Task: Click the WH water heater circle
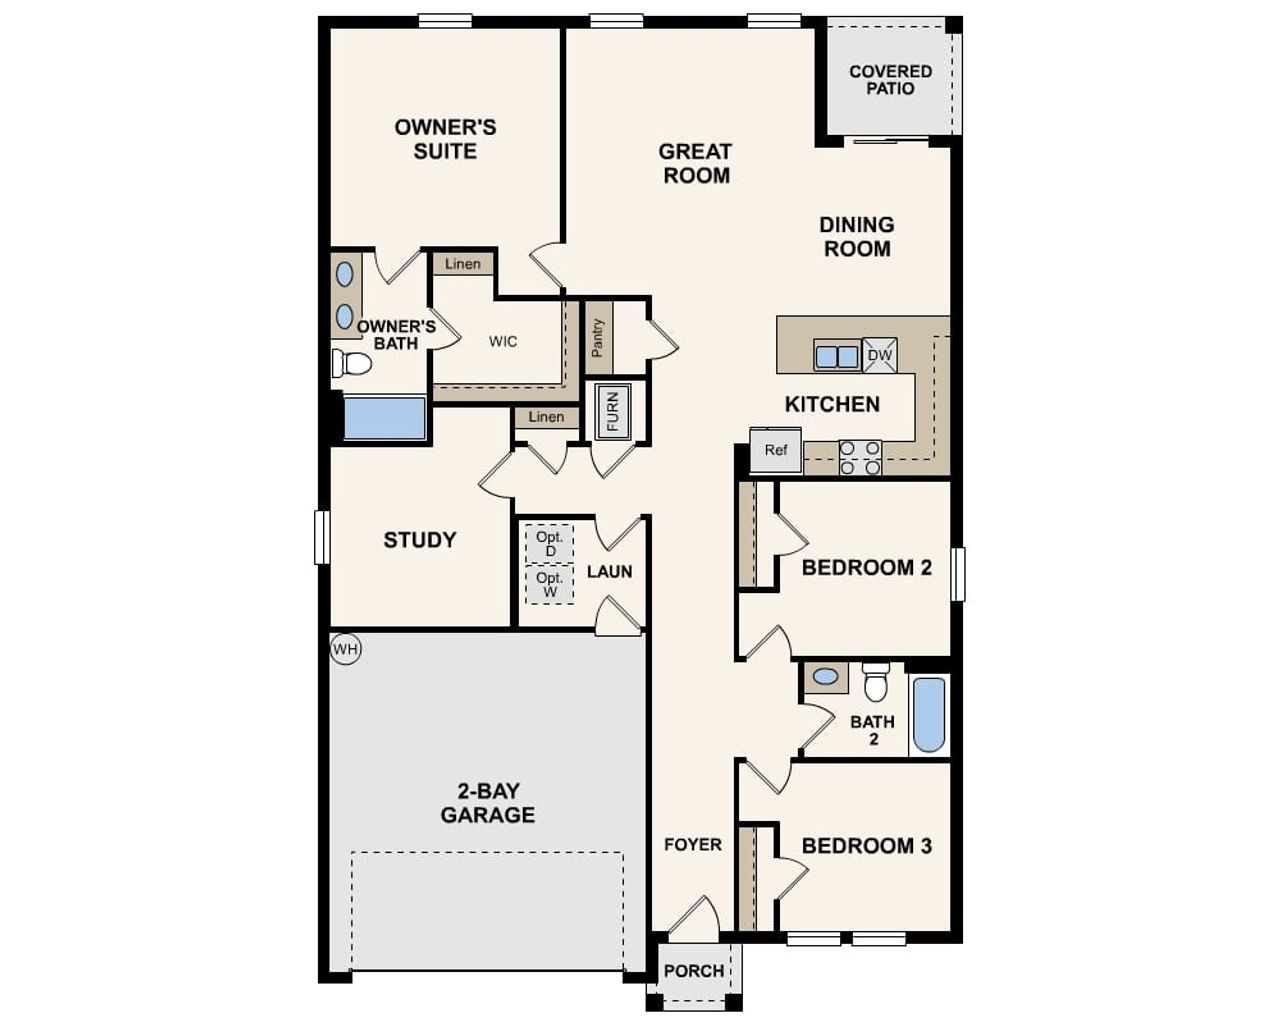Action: pyautogui.click(x=345, y=650)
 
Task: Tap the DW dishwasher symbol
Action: pyautogui.click(x=879, y=355)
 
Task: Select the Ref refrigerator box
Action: pyautogui.click(x=776, y=450)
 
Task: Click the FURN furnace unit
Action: pyautogui.click(x=612, y=410)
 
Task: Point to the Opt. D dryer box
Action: pyautogui.click(x=549, y=544)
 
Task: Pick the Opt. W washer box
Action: pyautogui.click(x=549, y=585)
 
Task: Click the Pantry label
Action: pyautogui.click(x=598, y=338)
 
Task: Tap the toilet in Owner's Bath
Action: pyautogui.click(x=351, y=363)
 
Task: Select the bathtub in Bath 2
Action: pyautogui.click(x=929, y=715)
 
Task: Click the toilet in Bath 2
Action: pyautogui.click(x=876, y=683)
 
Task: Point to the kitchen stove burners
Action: pyautogui.click(x=860, y=458)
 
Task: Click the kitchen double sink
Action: pyautogui.click(x=837, y=356)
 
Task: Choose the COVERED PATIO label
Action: pyautogui.click(x=890, y=80)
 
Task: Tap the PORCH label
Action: pyautogui.click(x=694, y=971)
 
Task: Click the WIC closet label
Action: pyautogui.click(x=503, y=342)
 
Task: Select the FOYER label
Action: pyautogui.click(x=692, y=845)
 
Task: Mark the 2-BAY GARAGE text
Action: pyautogui.click(x=488, y=803)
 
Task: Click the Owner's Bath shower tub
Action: pyautogui.click(x=384, y=418)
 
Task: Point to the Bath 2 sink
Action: pyautogui.click(x=826, y=677)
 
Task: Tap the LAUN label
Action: pyautogui.click(x=609, y=572)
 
